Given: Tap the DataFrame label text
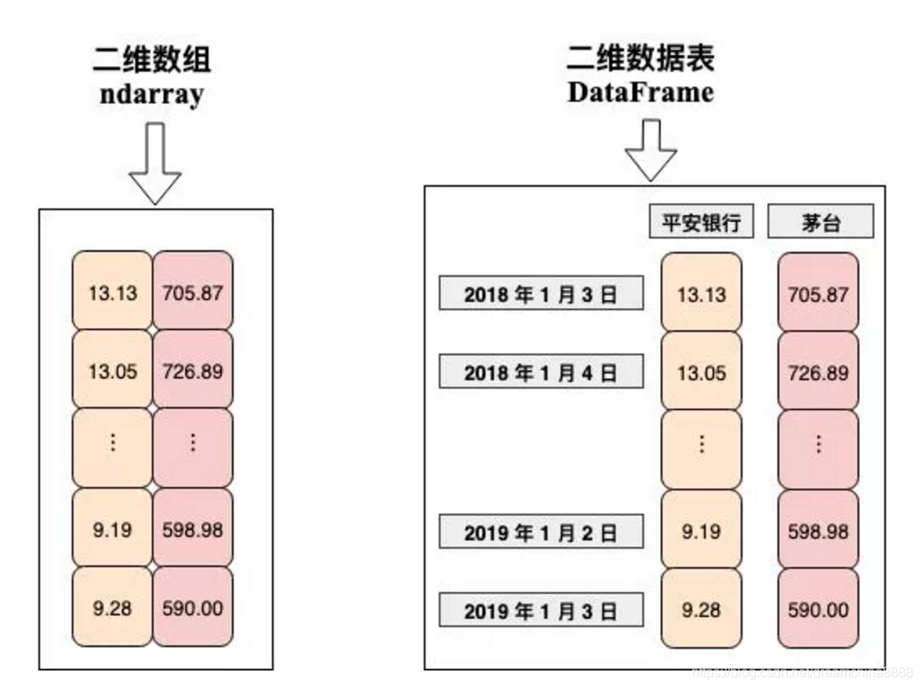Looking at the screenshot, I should (x=641, y=92).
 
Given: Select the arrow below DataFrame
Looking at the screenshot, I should (x=651, y=149).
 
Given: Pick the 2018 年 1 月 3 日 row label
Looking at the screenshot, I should (x=541, y=294).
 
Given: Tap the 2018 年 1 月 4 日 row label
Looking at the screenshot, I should (x=541, y=373).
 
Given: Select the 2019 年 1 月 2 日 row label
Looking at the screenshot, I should (x=541, y=532).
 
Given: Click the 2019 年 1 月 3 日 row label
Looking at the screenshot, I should (x=541, y=610).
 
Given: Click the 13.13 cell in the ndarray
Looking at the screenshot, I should (x=112, y=292).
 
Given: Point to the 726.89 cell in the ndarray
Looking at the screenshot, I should (x=193, y=369).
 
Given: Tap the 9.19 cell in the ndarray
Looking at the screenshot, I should (x=112, y=529).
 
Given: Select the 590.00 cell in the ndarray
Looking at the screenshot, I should (x=193, y=607).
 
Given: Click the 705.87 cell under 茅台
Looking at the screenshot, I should (x=818, y=294).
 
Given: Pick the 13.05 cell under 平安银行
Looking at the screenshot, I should (x=701, y=373).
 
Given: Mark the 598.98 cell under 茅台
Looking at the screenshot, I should (x=818, y=531).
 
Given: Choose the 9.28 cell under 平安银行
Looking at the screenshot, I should (x=701, y=610).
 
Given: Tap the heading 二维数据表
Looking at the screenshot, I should (x=641, y=58).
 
